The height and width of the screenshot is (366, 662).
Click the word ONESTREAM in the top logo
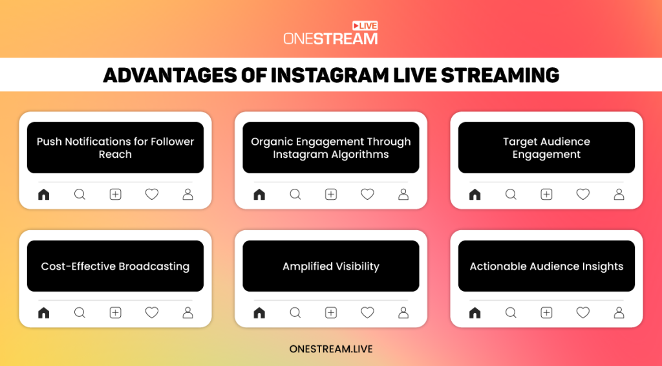click(x=330, y=39)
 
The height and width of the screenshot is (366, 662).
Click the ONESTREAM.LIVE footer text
click(x=331, y=349)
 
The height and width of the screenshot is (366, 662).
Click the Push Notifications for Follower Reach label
click(x=115, y=148)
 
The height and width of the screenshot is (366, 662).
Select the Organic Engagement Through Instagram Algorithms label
click(x=331, y=148)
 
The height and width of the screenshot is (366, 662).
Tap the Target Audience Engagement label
click(x=546, y=148)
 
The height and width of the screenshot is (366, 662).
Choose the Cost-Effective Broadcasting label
click(x=115, y=266)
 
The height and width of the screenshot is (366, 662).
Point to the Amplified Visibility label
click(x=331, y=266)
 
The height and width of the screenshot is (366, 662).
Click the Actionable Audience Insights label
click(x=546, y=266)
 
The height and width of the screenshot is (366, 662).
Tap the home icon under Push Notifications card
click(x=43, y=194)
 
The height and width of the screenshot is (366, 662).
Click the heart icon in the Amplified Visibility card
click(x=367, y=313)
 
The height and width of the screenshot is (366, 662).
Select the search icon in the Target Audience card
click(x=511, y=194)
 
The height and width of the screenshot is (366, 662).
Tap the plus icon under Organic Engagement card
click(x=331, y=194)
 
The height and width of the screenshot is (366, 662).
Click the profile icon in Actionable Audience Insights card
click(x=619, y=313)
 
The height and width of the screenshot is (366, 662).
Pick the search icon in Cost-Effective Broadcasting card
click(x=80, y=313)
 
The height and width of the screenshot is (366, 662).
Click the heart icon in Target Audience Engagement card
click(x=582, y=194)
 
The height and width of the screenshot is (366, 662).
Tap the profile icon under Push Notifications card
click(x=187, y=194)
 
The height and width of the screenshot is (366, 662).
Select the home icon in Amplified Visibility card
click(x=259, y=313)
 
